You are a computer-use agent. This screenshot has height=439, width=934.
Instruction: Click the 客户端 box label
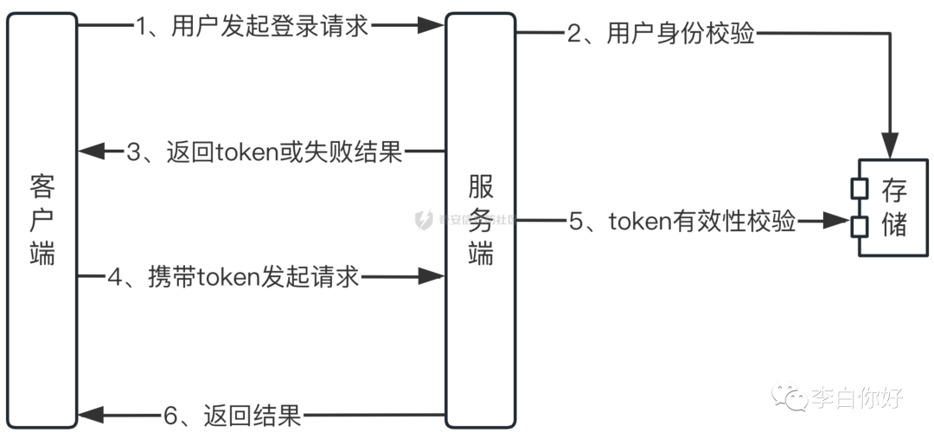pos(42,221)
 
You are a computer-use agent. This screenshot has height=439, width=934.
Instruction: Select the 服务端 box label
pos(481,221)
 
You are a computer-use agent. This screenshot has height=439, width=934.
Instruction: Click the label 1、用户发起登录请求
pos(252,26)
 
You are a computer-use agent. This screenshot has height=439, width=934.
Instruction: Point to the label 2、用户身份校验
pos(661,34)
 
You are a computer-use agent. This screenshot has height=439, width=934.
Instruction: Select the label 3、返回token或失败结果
pos(265,152)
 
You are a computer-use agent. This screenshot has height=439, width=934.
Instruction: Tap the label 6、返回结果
pos(233,416)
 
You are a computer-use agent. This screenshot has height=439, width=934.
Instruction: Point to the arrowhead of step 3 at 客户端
pos(90,152)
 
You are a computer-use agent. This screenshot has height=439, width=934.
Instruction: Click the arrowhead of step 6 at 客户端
pos(90,416)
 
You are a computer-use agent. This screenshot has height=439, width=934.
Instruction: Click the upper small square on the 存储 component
pos(859,187)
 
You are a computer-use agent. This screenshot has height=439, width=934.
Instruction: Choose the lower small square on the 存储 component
pos(859,226)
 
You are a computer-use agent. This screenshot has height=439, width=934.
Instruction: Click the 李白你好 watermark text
pos(857,398)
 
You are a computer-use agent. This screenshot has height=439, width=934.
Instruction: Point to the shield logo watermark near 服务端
pos(424,220)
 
